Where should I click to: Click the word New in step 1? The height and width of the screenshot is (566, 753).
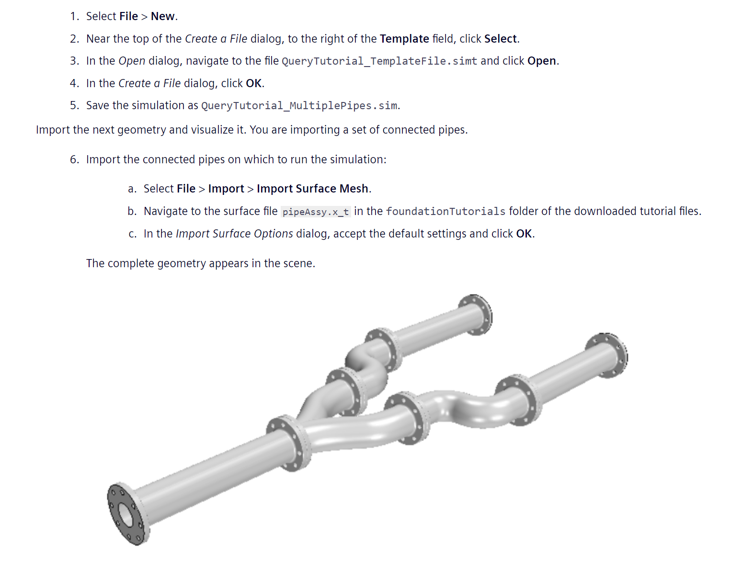163,16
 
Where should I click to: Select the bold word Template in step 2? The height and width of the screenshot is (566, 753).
404,39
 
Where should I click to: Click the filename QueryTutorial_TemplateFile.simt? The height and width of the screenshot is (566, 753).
379,61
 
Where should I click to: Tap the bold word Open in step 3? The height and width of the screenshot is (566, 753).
541,61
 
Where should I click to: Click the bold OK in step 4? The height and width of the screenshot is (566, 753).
253,83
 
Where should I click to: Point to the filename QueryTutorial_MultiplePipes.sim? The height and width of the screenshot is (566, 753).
299,106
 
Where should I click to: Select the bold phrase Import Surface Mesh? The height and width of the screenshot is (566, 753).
312,189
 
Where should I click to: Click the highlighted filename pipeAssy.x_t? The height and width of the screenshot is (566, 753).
316,212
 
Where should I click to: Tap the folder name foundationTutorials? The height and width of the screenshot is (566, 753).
445,211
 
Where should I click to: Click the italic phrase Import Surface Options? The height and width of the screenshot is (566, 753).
234,234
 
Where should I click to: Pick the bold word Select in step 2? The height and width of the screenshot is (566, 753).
501,39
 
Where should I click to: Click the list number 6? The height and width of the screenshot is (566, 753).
74,159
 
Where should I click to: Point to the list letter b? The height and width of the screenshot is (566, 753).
132,211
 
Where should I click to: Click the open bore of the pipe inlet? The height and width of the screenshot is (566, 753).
126,515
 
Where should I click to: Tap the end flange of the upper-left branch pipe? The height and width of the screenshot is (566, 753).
476,315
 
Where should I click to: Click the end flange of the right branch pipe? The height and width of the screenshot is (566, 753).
607,355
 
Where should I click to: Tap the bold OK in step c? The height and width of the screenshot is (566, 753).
524,234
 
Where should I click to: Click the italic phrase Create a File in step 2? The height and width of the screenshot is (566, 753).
216,39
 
